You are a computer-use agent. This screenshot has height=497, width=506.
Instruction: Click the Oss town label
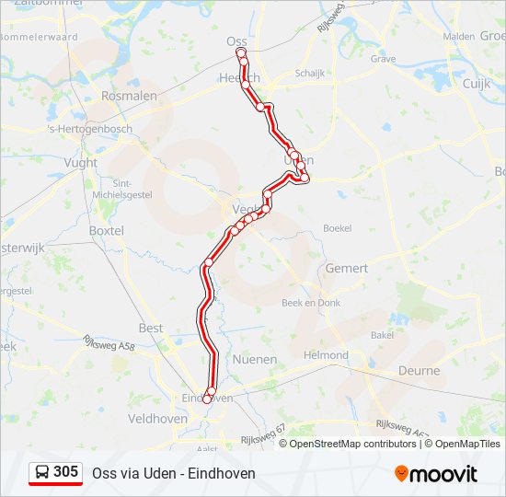click(236, 40)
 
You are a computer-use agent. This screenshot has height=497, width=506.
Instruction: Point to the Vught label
click(81, 162)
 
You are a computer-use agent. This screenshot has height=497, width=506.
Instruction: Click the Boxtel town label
click(107, 230)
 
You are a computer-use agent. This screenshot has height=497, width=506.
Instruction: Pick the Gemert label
click(347, 269)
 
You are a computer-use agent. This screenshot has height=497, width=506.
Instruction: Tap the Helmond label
click(327, 355)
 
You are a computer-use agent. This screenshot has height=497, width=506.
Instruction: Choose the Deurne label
click(420, 370)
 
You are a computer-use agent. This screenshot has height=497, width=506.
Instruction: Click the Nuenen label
click(255, 359)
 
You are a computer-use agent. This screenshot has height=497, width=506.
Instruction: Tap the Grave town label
click(383, 59)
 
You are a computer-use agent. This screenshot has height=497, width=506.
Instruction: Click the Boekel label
click(338, 227)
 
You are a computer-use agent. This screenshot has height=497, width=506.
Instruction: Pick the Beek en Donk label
click(311, 303)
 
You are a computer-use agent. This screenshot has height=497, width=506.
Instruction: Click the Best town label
click(151, 328)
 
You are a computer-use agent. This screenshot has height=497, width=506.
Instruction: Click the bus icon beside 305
click(42, 473)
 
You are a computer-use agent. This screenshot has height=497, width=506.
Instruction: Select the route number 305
click(66, 472)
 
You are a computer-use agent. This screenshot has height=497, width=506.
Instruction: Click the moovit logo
click(436, 474)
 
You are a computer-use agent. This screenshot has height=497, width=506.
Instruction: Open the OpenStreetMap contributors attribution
click(352, 444)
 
